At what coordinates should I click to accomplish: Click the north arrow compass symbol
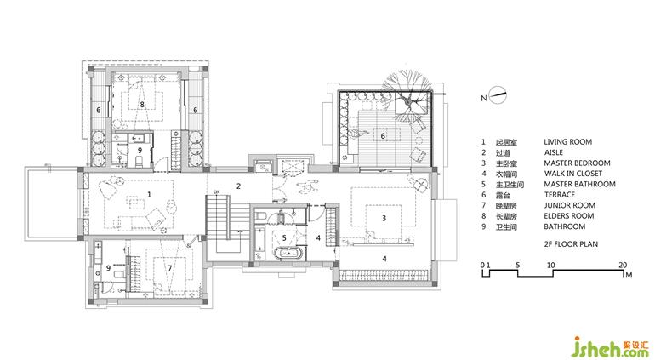click(498, 96)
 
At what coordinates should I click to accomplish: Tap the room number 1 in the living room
click(149, 194)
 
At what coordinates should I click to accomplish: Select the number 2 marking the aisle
click(238, 186)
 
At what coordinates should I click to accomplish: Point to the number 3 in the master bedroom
click(384, 218)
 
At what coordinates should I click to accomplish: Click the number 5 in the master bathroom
click(284, 238)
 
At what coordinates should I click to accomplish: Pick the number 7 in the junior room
click(169, 268)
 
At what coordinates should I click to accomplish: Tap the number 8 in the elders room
click(142, 105)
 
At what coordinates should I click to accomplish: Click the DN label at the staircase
click(216, 192)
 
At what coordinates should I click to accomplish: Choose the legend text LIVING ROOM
click(567, 142)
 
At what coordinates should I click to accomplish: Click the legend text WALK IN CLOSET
click(573, 174)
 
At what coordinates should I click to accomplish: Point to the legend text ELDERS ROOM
click(569, 216)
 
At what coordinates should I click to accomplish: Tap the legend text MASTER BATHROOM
click(579, 184)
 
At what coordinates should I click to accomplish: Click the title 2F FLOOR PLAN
click(571, 243)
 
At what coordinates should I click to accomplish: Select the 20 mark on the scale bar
click(623, 265)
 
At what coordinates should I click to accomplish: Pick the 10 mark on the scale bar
click(551, 265)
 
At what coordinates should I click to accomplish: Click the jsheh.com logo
click(610, 348)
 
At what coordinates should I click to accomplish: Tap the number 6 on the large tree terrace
click(383, 136)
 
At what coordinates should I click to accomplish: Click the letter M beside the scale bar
click(629, 275)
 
